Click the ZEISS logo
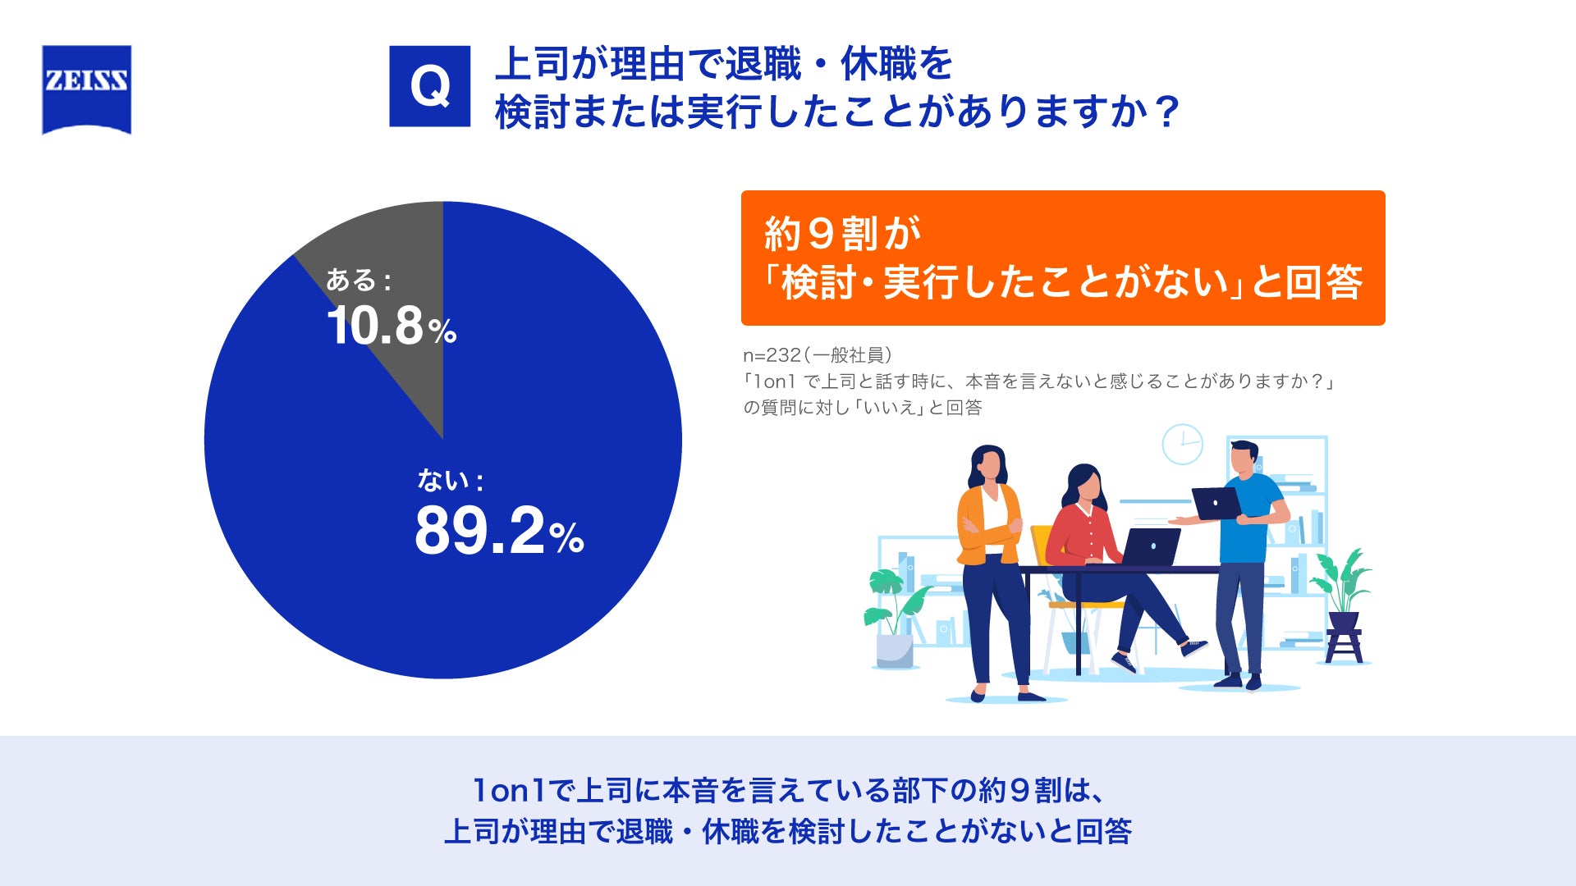pyautogui.click(x=86, y=89)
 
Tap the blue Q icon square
pyautogui.click(x=429, y=86)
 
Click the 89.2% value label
pyautogui.click(x=499, y=531)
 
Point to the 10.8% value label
pyautogui.click(x=392, y=325)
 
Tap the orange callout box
pyautogui.click(x=1063, y=258)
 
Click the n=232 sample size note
pyautogui.click(x=818, y=355)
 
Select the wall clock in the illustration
pyautogui.click(x=1182, y=444)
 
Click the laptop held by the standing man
pyautogui.click(x=1217, y=504)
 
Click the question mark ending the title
pyautogui.click(x=1166, y=112)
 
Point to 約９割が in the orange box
pyautogui.click(x=843, y=234)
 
